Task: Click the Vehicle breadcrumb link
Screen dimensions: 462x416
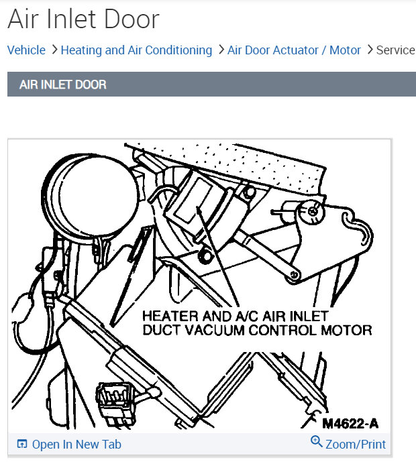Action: (26, 50)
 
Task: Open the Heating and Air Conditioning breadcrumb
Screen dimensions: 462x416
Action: (136, 50)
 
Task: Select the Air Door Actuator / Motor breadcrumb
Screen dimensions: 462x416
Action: (294, 50)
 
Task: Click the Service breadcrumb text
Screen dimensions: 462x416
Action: (396, 50)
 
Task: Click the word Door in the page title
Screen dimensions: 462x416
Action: (132, 19)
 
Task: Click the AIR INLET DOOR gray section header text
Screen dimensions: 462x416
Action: (62, 85)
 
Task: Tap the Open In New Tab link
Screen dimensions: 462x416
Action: (76, 444)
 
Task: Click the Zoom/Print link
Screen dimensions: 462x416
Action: (356, 444)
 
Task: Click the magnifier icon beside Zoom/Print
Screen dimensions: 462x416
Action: (317, 442)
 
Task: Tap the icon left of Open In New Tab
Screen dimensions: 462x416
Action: (22, 444)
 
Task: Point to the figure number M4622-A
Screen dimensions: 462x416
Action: (350, 423)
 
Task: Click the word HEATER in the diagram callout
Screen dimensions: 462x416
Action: (168, 315)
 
